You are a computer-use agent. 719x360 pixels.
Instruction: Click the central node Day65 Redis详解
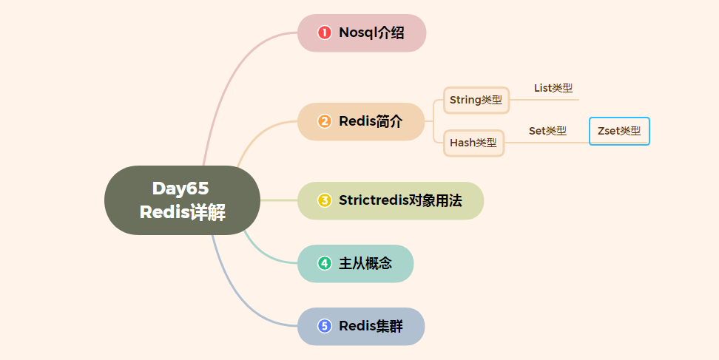pyautogui.click(x=182, y=200)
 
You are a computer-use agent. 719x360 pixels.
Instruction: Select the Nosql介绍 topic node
pyautogui.click(x=362, y=33)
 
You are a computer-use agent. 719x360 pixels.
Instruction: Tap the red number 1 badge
pyautogui.click(x=324, y=33)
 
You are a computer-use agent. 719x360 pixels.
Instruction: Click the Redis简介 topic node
pyautogui.click(x=361, y=121)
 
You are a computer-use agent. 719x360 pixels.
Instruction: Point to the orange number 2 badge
pyautogui.click(x=324, y=121)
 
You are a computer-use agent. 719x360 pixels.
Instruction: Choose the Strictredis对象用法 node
pyautogui.click(x=391, y=200)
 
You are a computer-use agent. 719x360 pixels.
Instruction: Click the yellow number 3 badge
pyautogui.click(x=324, y=200)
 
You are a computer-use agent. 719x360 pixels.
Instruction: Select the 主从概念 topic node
pyautogui.click(x=355, y=263)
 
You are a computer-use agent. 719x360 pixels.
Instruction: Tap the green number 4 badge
pyautogui.click(x=324, y=263)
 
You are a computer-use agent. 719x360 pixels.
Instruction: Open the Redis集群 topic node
pyautogui.click(x=361, y=326)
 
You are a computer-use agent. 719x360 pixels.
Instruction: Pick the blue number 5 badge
pyautogui.click(x=324, y=326)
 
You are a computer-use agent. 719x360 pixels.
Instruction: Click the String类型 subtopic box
pyautogui.click(x=476, y=100)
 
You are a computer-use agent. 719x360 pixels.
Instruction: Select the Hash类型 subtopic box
pyautogui.click(x=473, y=143)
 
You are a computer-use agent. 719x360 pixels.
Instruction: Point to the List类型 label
pyautogui.click(x=553, y=88)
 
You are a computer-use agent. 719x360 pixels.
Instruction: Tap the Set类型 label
pyautogui.click(x=547, y=131)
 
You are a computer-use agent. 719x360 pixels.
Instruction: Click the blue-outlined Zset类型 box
pyautogui.click(x=619, y=131)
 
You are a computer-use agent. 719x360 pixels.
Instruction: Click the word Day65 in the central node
pyautogui.click(x=180, y=188)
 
